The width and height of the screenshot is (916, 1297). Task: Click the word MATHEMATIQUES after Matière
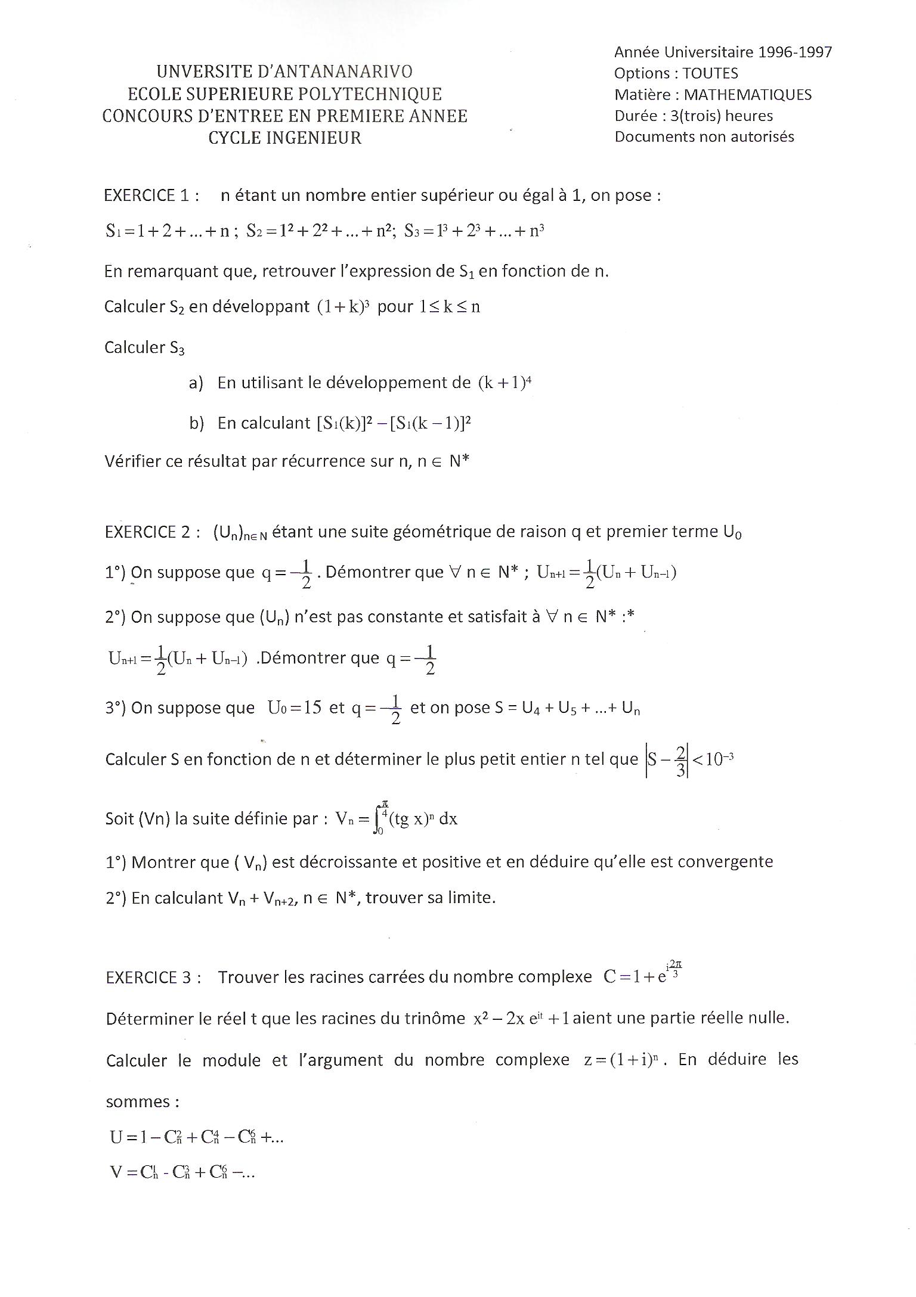[747, 95]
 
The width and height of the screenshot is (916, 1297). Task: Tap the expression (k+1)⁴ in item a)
[505, 383]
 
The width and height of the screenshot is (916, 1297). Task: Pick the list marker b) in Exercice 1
[197, 423]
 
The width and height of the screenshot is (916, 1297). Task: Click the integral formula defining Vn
[397, 819]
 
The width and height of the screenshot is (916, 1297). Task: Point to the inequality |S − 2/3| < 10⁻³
[689, 760]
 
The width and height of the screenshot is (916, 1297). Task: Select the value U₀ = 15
[295, 708]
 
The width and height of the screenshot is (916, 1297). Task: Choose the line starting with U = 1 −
[197, 1137]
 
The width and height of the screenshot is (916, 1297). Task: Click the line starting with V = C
[182, 1173]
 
